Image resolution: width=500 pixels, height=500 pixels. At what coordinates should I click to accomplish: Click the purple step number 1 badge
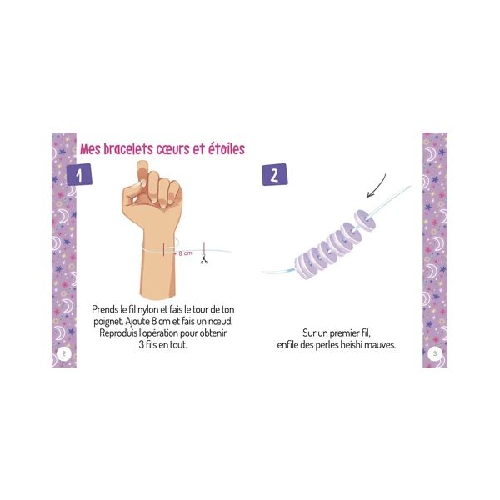(79, 174)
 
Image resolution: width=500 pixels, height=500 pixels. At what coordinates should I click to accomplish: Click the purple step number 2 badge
(275, 174)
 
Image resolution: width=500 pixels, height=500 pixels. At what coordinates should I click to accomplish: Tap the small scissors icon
(204, 259)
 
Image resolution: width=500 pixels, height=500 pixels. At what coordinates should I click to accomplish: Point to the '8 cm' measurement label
(185, 253)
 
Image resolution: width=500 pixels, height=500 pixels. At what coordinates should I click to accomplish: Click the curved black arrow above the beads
(377, 187)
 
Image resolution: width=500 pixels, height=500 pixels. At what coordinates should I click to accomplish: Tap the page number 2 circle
(64, 353)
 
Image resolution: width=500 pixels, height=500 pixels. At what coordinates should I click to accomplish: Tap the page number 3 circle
(435, 353)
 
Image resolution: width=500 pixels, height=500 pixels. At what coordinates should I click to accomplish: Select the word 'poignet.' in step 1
(107, 322)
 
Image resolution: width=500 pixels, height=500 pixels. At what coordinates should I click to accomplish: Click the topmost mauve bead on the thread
(364, 218)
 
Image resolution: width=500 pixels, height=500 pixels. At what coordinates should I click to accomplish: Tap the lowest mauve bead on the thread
(304, 267)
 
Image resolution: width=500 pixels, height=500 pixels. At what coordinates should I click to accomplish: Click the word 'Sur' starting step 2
(309, 333)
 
